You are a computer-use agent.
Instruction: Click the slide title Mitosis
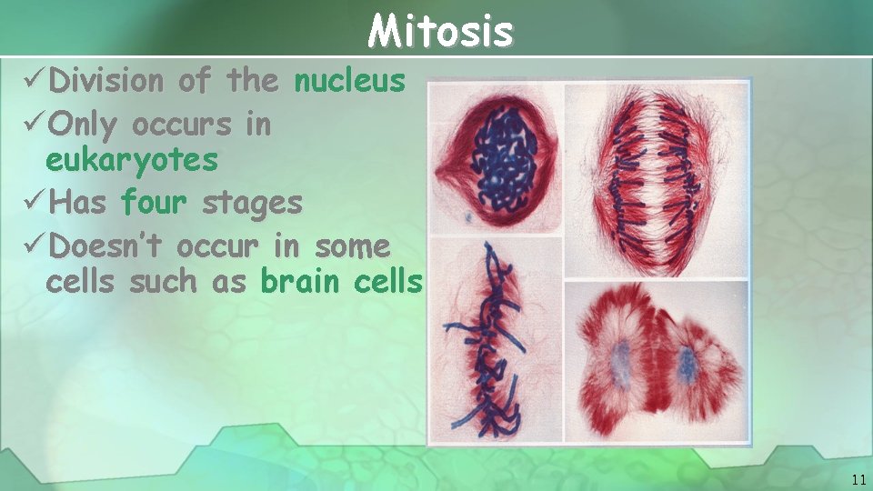coord(441,32)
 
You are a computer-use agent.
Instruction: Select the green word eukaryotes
coord(132,161)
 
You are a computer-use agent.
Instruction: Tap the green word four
coord(154,202)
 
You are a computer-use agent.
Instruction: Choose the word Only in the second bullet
coord(85,125)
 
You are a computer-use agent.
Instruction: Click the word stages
coord(252,203)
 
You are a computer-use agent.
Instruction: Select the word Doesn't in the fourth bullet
coord(108,245)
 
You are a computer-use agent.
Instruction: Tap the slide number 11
coord(858,479)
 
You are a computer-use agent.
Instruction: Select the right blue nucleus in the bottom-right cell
coord(687,364)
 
